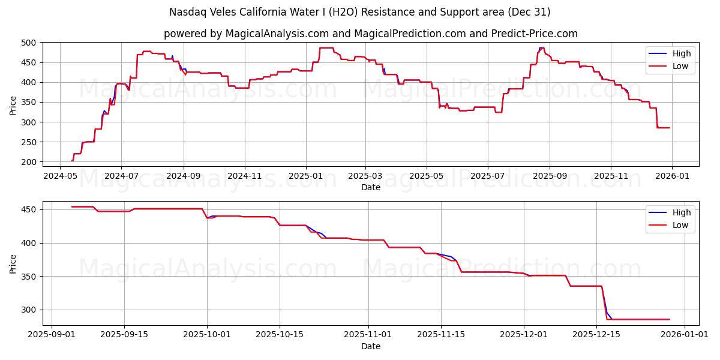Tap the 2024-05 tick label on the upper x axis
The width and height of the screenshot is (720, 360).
60,176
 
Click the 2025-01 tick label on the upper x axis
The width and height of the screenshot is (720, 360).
306,176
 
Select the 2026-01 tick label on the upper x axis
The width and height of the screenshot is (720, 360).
671,176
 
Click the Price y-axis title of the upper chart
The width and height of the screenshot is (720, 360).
13,104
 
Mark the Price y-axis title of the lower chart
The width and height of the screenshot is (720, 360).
13,263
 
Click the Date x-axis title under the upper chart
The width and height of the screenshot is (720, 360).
370,187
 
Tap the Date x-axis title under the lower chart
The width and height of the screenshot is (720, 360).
370,346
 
